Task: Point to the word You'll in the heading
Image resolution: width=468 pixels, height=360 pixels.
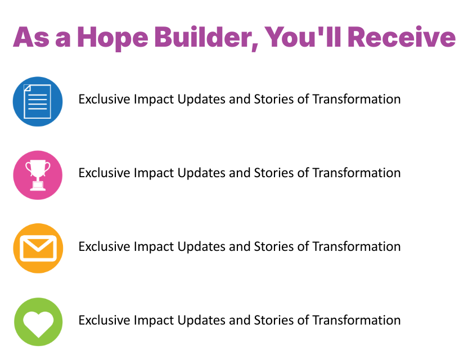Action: (x=304, y=37)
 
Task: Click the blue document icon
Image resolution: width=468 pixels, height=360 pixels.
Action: (x=38, y=101)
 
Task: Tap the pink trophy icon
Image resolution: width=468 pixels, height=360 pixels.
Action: (x=38, y=175)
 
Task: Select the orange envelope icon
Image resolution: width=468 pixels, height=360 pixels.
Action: (x=38, y=248)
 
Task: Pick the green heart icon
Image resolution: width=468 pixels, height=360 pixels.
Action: (x=38, y=322)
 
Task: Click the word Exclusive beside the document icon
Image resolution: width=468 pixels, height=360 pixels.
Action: (x=104, y=100)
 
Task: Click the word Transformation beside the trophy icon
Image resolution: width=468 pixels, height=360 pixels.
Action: (x=357, y=173)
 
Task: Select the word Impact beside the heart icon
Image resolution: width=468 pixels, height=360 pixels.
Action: (x=154, y=321)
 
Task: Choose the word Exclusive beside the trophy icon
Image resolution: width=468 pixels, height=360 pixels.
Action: (x=104, y=173)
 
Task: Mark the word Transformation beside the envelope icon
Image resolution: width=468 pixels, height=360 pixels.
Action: (x=357, y=247)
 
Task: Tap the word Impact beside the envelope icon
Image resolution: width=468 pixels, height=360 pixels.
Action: (x=154, y=247)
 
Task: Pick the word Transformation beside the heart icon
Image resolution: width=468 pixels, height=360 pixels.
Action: (x=357, y=321)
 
